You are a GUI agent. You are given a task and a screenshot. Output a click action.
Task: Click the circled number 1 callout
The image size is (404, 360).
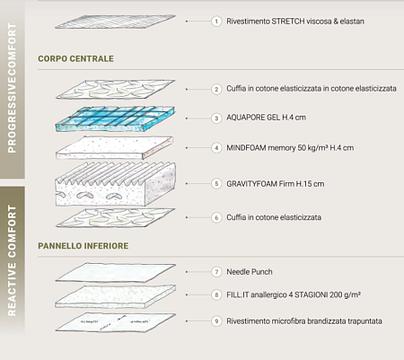[216, 22]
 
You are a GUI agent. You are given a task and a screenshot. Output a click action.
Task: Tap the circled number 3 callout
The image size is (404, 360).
[216, 119]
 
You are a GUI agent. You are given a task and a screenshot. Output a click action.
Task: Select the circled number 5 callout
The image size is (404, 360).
[216, 183]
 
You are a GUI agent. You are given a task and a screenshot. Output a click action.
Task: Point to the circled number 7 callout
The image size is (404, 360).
[216, 272]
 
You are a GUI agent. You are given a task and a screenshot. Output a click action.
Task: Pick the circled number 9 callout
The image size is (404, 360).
[216, 321]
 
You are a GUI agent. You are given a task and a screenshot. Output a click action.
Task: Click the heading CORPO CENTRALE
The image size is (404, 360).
[75, 58]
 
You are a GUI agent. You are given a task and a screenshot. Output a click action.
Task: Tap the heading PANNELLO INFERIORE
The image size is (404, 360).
[83, 246]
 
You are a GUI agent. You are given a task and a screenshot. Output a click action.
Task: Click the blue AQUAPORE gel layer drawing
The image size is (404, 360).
[115, 119]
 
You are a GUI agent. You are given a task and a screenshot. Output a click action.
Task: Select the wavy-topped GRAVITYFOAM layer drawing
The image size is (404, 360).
[115, 184]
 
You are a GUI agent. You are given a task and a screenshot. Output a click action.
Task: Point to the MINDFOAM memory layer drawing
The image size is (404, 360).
[114, 147]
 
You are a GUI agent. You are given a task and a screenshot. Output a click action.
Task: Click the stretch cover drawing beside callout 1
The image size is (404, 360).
[115, 22]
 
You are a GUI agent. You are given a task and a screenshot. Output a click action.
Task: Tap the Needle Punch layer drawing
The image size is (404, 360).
[115, 273]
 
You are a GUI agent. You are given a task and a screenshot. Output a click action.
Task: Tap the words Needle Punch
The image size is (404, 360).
[250, 272]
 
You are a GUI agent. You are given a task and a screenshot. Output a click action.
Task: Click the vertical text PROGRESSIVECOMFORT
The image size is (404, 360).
[12, 88]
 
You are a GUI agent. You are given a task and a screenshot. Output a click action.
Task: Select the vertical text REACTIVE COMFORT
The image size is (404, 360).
[12, 260]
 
